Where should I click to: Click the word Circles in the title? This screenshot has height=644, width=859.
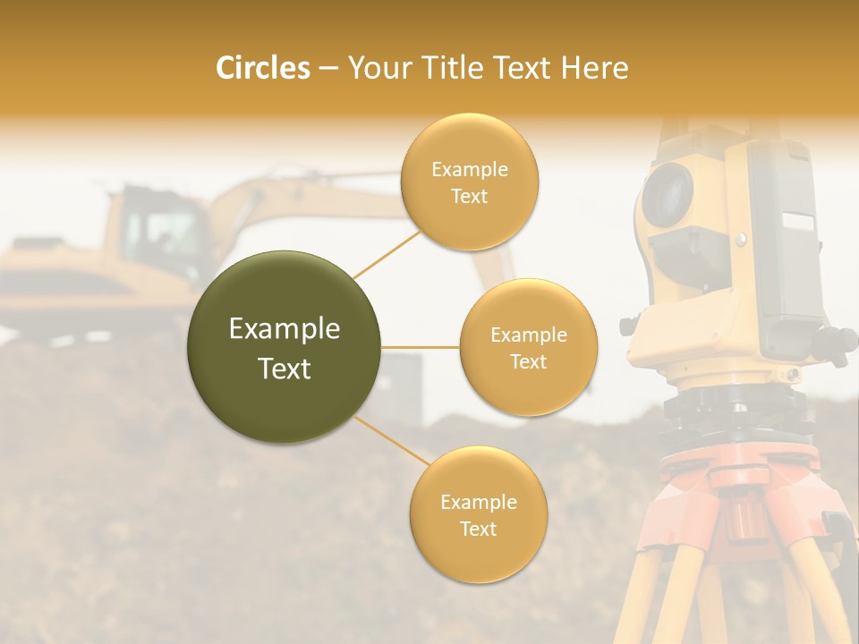pyautogui.click(x=262, y=68)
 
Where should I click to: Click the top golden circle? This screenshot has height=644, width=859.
pyautogui.click(x=470, y=182)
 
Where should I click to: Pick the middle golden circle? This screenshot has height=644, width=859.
pyautogui.click(x=529, y=347)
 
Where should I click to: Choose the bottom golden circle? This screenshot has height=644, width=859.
pyautogui.click(x=478, y=514)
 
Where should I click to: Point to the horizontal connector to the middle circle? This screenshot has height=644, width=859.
pyautogui.click(x=421, y=347)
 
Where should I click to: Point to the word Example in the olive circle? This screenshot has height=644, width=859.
pyautogui.click(x=285, y=329)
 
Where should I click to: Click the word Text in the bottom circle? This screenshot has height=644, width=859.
pyautogui.click(x=478, y=529)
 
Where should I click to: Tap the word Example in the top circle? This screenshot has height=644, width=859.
pyautogui.click(x=470, y=169)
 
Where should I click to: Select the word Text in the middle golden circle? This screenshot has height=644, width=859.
pyautogui.click(x=529, y=361)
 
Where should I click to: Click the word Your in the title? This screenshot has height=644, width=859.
pyautogui.click(x=377, y=68)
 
